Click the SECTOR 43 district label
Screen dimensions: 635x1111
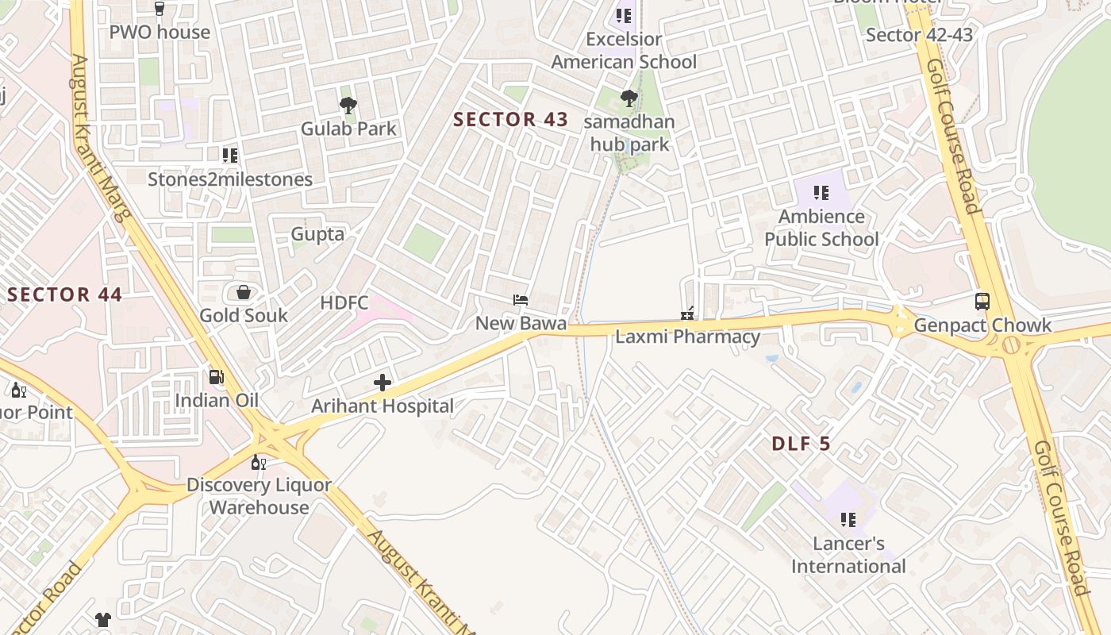pyautogui.click(x=510, y=120)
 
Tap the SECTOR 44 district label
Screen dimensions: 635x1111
pyautogui.click(x=65, y=295)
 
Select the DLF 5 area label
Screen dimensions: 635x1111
pyautogui.click(x=801, y=444)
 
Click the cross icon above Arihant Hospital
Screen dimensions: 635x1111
pyautogui.click(x=383, y=383)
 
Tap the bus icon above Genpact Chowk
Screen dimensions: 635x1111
pyautogui.click(x=982, y=302)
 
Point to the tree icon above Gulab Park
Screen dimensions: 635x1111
pyautogui.click(x=348, y=105)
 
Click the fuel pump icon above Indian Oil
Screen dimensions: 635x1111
pyautogui.click(x=217, y=376)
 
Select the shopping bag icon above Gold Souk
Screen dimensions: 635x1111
pyautogui.click(x=244, y=292)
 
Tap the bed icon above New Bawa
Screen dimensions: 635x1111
pyautogui.click(x=521, y=300)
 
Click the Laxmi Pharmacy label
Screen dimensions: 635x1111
pyautogui.click(x=687, y=337)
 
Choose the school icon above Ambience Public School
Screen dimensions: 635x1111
pyautogui.click(x=821, y=192)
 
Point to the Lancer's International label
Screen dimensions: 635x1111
pyautogui.click(x=848, y=555)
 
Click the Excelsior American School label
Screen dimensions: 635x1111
pyautogui.click(x=624, y=50)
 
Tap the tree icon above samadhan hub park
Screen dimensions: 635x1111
pyautogui.click(x=629, y=98)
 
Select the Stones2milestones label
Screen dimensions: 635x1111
pyautogui.click(x=230, y=179)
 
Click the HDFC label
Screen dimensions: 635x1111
pyautogui.click(x=344, y=302)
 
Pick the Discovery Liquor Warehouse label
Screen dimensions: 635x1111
pyautogui.click(x=259, y=496)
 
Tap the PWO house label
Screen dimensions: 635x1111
pyautogui.click(x=160, y=33)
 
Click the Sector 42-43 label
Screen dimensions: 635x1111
pyautogui.click(x=919, y=35)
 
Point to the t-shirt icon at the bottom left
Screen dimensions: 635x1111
pyautogui.click(x=103, y=619)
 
